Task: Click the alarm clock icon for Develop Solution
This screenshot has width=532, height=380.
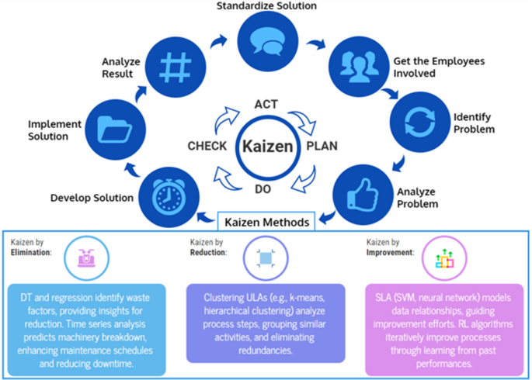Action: click(x=165, y=194)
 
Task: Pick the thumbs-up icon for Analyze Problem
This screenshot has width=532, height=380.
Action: click(x=360, y=194)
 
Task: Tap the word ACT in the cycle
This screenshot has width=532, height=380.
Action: click(x=266, y=105)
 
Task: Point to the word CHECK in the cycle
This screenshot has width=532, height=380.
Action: click(x=207, y=146)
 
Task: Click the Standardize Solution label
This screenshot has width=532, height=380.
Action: click(x=266, y=7)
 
